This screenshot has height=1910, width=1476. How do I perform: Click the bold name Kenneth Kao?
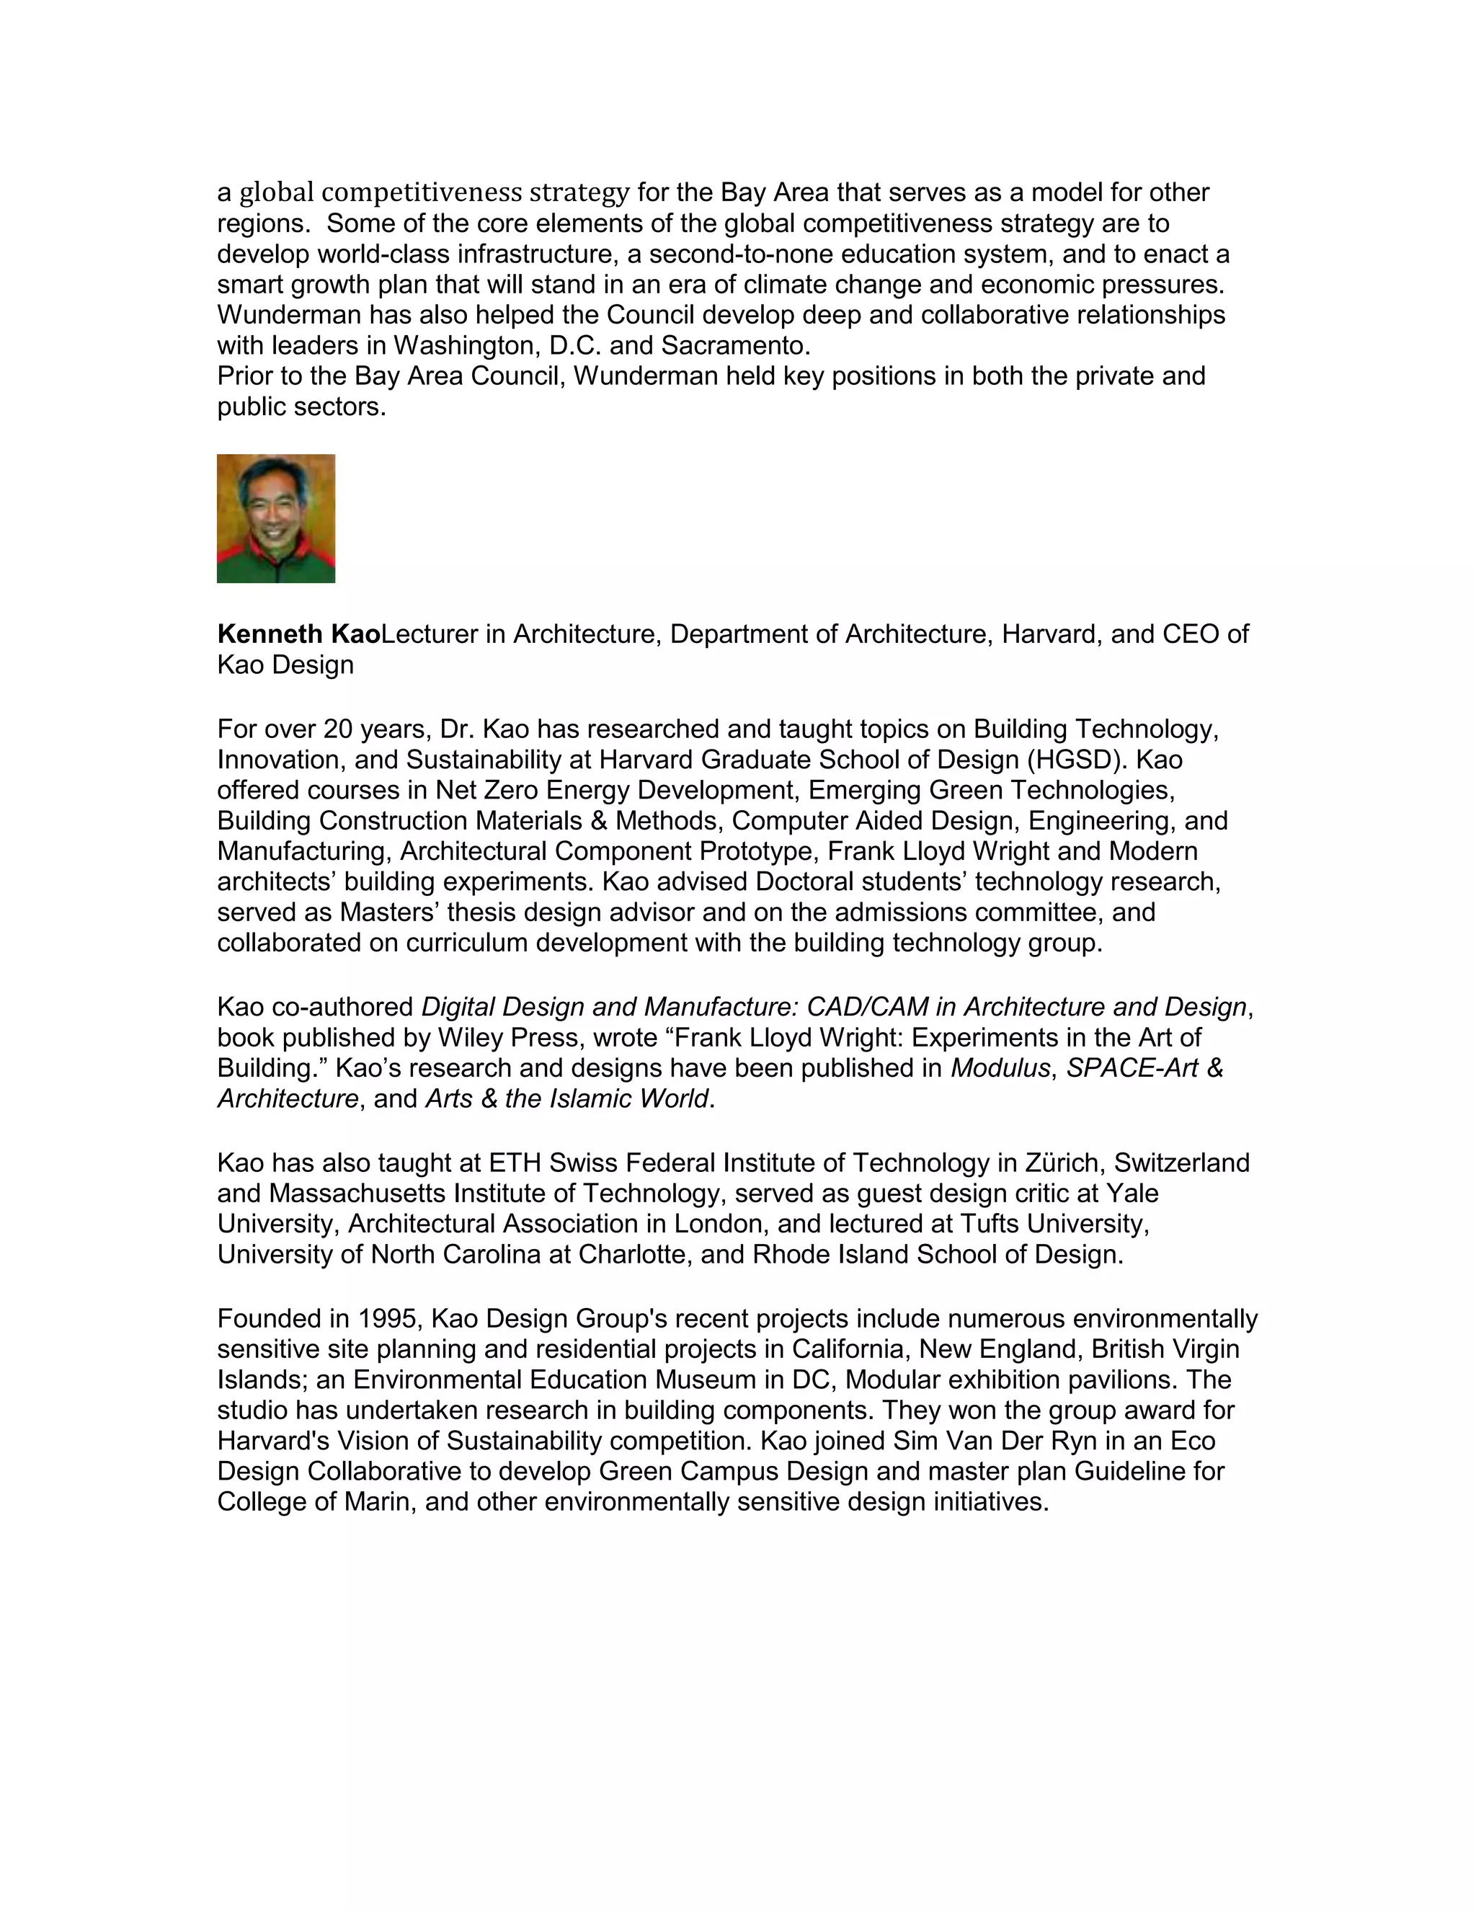click(x=298, y=634)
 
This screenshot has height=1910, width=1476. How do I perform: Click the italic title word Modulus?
click(x=1000, y=1068)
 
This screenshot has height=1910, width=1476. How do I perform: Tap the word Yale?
click(x=1132, y=1193)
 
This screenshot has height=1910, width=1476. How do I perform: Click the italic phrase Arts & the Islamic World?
click(x=566, y=1098)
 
